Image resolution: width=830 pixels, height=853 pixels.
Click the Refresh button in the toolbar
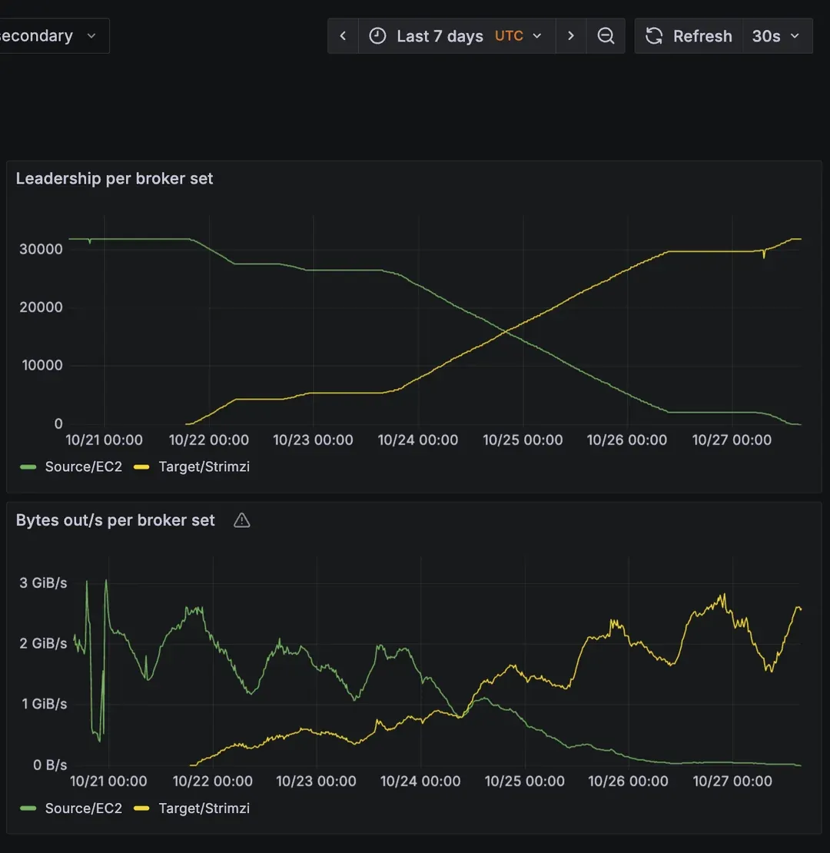click(689, 36)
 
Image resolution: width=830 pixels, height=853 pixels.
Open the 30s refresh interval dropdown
click(776, 36)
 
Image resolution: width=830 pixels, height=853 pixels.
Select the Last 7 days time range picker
click(456, 36)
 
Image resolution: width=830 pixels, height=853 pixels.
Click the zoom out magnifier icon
click(606, 36)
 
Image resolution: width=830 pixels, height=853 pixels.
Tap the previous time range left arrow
click(344, 36)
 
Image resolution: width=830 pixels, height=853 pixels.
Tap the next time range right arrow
click(570, 36)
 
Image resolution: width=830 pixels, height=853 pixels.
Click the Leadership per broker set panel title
click(115, 178)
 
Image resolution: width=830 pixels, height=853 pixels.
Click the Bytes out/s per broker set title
click(115, 520)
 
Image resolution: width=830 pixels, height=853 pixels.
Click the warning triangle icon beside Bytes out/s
click(241, 520)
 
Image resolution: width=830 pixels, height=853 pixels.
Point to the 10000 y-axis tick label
click(42, 365)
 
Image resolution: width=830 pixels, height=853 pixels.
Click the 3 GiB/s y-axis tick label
click(43, 582)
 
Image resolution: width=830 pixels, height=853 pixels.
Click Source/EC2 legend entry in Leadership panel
click(83, 466)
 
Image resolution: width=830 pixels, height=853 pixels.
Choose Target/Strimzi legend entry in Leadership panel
click(204, 466)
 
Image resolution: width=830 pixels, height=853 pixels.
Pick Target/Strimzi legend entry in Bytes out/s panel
click(204, 808)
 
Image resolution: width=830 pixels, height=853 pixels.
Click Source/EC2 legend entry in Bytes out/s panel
click(83, 808)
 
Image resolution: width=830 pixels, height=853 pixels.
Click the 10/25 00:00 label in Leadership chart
click(523, 440)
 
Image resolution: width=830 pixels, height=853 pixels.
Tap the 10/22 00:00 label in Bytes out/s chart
click(213, 781)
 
